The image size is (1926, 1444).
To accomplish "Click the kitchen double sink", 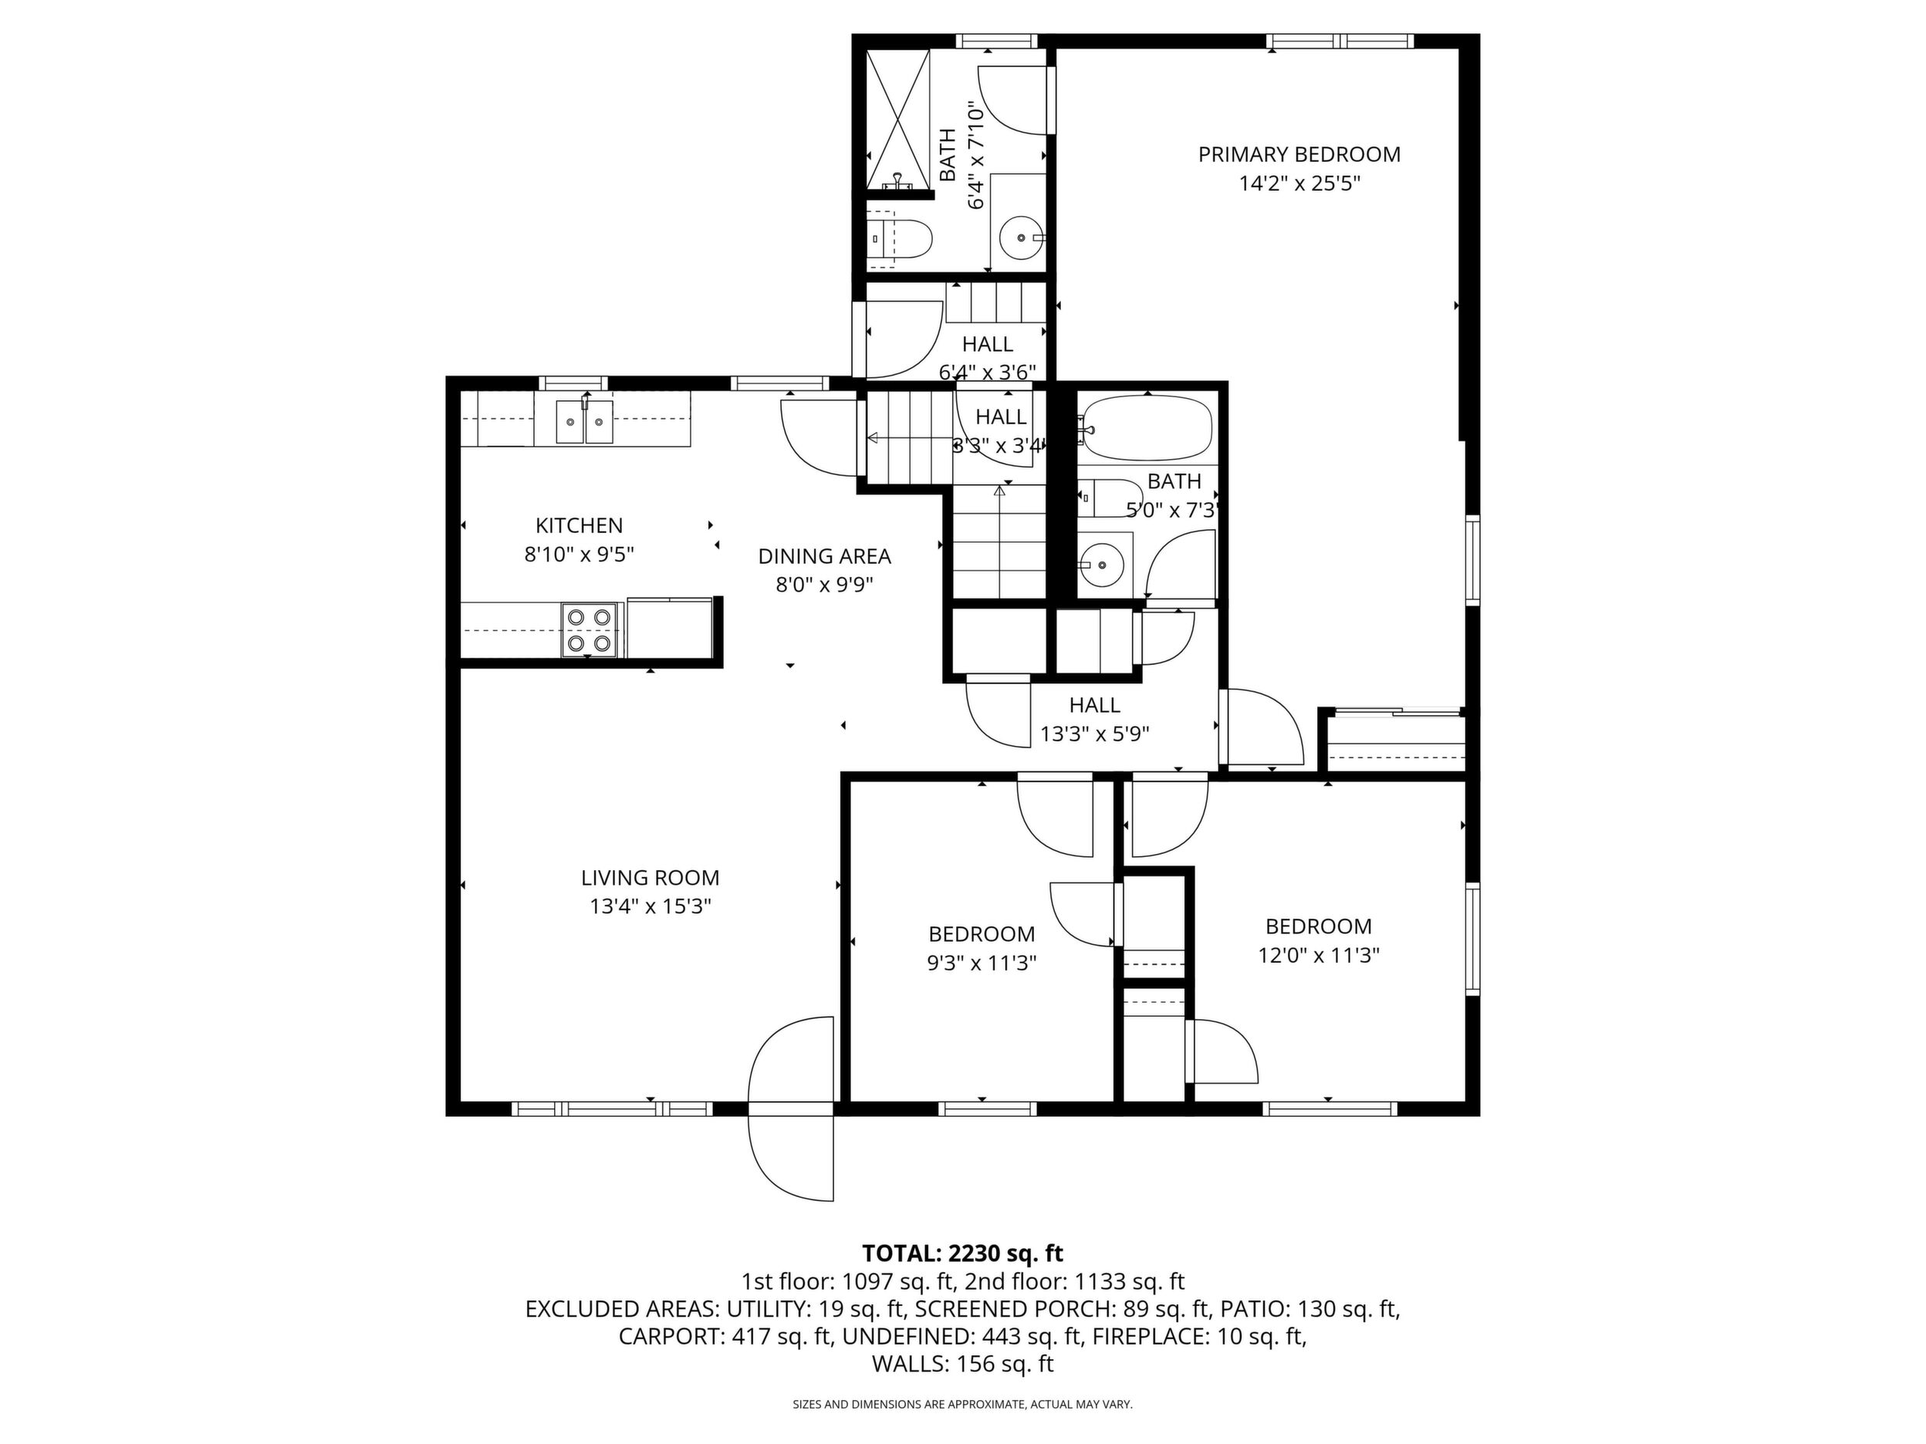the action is click(x=585, y=421).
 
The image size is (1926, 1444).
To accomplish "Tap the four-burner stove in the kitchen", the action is click(x=589, y=630).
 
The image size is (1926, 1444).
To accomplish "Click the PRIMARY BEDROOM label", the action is click(x=1299, y=155).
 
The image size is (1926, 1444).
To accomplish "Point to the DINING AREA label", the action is click(x=825, y=556).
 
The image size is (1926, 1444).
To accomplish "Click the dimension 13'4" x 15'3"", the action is click(x=650, y=906).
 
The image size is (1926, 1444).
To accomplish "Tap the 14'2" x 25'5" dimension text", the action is click(x=1299, y=184).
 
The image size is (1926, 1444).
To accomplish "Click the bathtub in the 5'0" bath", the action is click(x=1145, y=428).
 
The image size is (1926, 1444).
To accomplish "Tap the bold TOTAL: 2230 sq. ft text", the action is click(x=962, y=1253).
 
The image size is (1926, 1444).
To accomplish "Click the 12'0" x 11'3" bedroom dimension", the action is click(x=1318, y=956).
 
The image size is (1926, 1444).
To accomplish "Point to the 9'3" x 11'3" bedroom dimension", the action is click(x=982, y=963).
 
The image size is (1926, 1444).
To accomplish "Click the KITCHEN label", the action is click(x=579, y=526).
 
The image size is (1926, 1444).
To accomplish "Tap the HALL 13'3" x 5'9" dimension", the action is click(x=1094, y=734).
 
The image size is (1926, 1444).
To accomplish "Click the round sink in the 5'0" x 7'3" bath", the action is click(x=1103, y=564).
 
